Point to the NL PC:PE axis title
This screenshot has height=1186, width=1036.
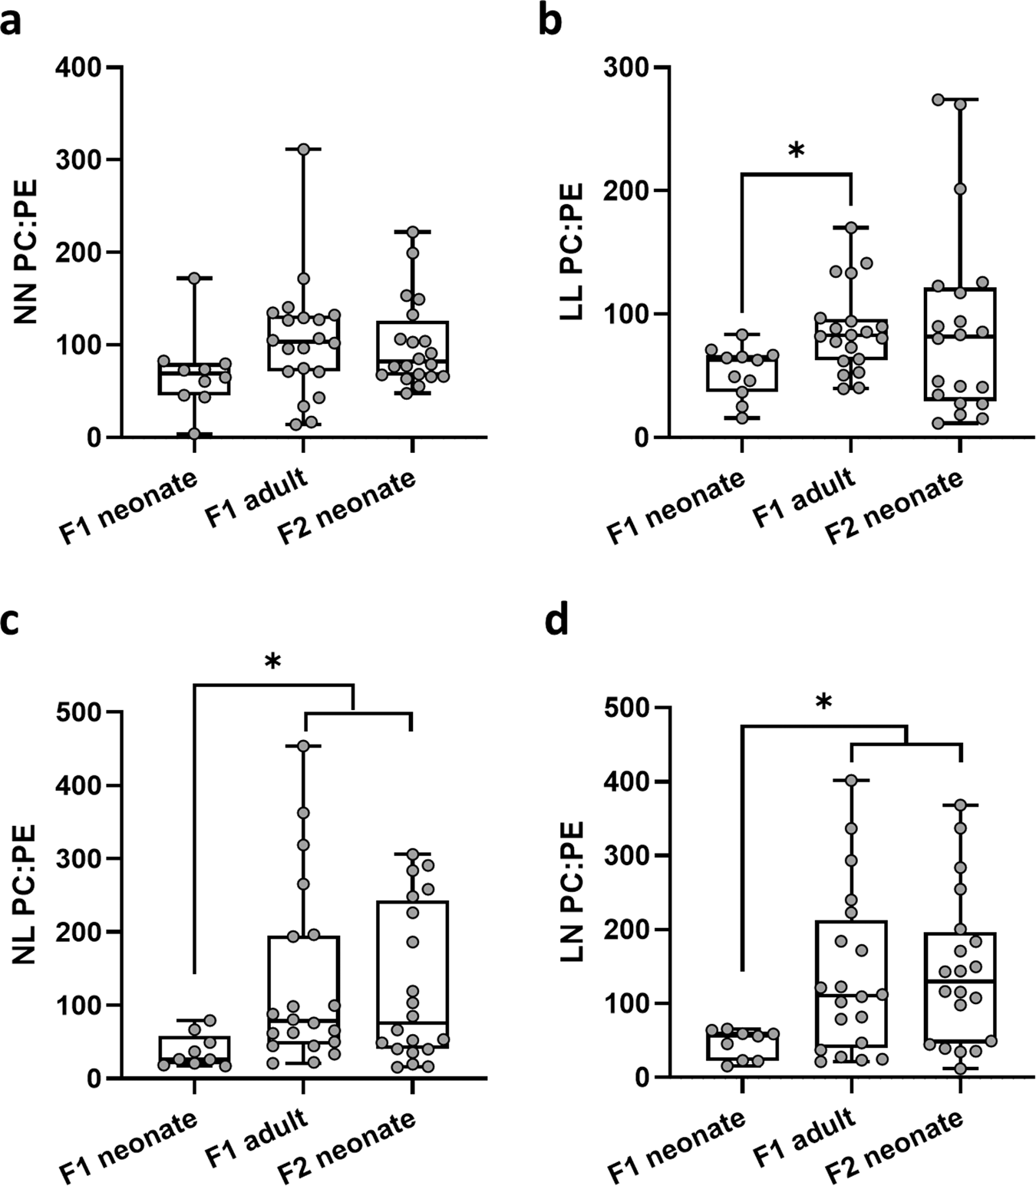point(26,894)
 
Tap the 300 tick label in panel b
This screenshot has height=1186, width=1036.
point(625,68)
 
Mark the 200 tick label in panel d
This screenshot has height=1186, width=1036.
point(625,930)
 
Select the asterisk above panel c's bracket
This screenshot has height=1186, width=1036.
point(272,662)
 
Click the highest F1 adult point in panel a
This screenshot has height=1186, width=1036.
point(303,149)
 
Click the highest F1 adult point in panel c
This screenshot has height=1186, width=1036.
point(303,745)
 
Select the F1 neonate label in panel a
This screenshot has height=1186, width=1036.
point(128,507)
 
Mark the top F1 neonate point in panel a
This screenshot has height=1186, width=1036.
point(194,278)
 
